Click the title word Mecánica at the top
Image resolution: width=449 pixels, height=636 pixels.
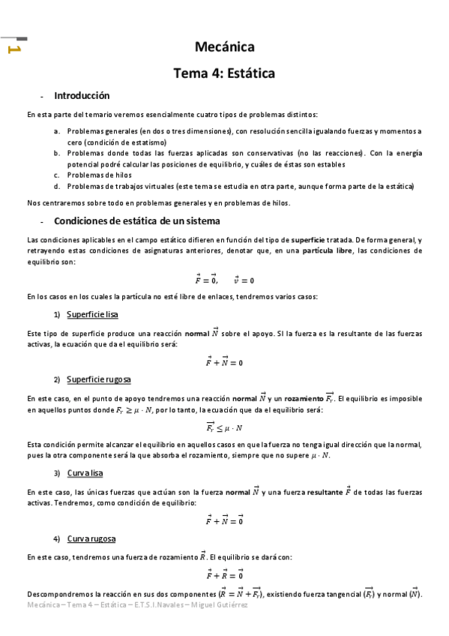[x=224, y=47]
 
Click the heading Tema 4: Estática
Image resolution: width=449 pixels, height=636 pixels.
[x=224, y=73]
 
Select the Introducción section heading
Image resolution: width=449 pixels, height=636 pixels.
[x=82, y=96]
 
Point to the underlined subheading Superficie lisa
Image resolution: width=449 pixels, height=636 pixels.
[x=91, y=313]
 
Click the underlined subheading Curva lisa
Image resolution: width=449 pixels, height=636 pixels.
[x=84, y=473]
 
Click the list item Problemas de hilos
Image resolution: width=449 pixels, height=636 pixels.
[x=100, y=175]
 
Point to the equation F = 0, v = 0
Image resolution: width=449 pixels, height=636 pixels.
[x=224, y=280]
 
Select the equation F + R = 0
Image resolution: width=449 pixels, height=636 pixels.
[x=224, y=575]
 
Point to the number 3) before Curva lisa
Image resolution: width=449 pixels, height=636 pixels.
[x=56, y=473]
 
